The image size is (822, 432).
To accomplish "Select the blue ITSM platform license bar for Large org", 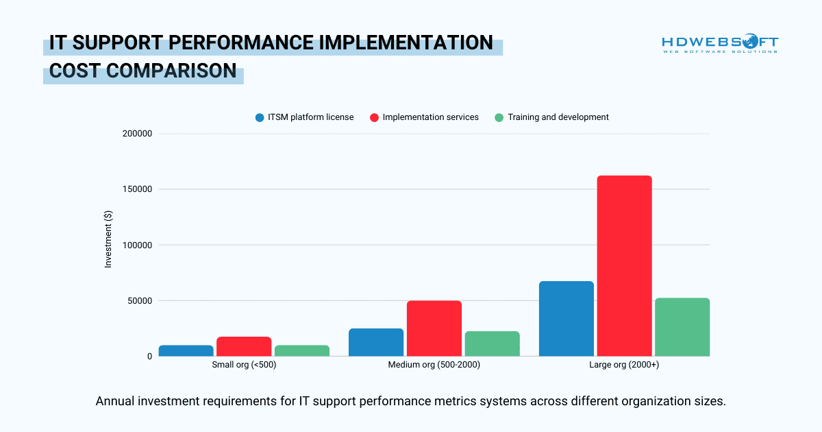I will [566, 319].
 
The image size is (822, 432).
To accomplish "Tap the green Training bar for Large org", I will [682, 327].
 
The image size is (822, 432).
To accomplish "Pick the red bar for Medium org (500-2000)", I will [434, 328].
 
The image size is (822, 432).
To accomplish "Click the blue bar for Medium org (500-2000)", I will [376, 342].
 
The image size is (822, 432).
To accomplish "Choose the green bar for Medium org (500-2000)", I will [492, 344].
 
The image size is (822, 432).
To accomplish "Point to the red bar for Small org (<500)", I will [244, 346].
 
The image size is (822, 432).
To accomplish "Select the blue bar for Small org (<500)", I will [186, 350].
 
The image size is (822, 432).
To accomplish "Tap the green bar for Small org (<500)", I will [302, 350].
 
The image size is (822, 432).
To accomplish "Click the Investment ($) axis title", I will [108, 245].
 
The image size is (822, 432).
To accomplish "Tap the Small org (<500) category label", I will [244, 365].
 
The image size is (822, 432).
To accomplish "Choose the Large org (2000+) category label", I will [624, 365].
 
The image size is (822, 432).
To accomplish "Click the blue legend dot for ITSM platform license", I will [260, 117].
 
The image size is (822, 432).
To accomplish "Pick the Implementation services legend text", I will [430, 117].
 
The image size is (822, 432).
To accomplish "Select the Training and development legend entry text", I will [558, 117].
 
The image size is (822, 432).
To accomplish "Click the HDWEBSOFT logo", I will [719, 44].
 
